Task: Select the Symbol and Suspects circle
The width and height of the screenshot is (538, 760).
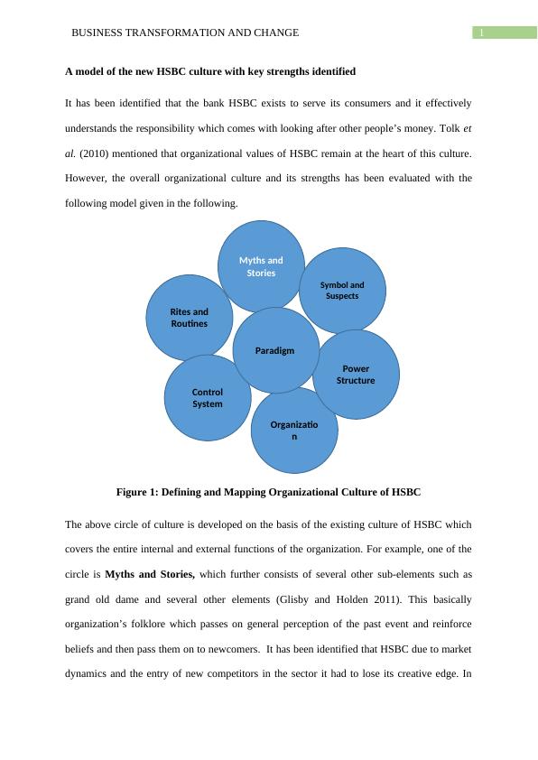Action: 342,290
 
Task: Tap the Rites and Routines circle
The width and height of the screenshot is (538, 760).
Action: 189,317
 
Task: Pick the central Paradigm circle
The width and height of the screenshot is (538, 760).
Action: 274,350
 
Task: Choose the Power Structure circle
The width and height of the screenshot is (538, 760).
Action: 356,375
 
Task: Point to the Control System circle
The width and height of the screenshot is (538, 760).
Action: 207,398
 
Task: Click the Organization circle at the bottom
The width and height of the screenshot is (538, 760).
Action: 294,431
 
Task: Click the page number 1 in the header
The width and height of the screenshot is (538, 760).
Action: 482,33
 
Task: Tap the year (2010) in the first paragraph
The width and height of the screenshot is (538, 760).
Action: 97,154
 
